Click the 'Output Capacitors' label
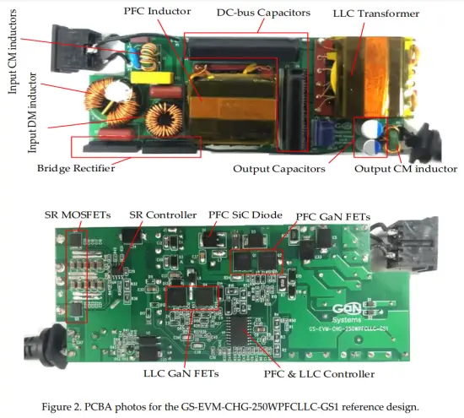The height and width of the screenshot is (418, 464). [279, 169]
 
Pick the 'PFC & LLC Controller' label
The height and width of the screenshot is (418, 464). [320, 372]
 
